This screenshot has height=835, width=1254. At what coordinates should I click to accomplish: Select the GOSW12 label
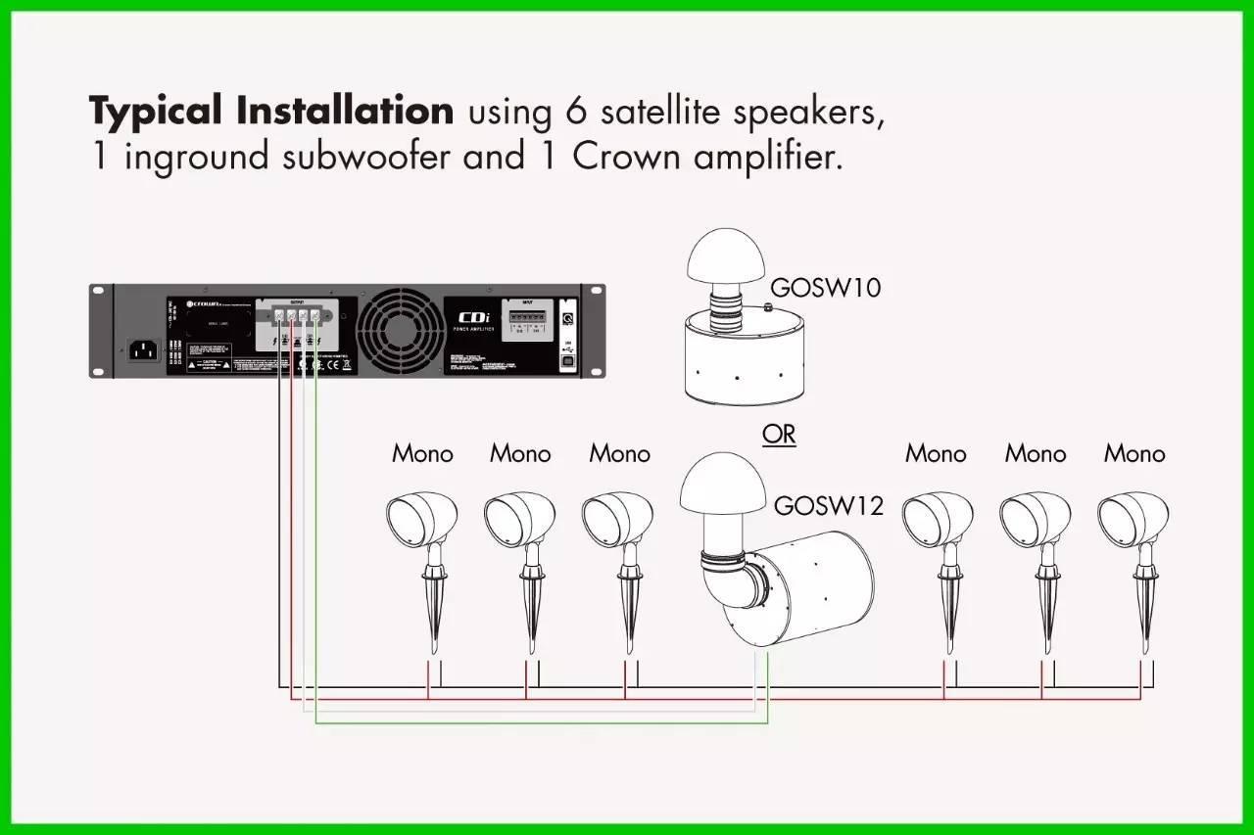828,505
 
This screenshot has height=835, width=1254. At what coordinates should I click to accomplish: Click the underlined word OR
779,434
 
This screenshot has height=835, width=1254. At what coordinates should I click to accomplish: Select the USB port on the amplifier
567,359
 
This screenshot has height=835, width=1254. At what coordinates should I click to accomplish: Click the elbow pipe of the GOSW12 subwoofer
726,588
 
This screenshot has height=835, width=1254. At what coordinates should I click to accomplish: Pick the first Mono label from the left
422,454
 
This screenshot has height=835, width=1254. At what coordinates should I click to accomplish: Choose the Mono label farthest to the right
1134,454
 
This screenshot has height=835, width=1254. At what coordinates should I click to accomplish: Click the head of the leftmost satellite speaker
420,520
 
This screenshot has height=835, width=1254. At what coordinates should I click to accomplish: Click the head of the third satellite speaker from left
616,520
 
